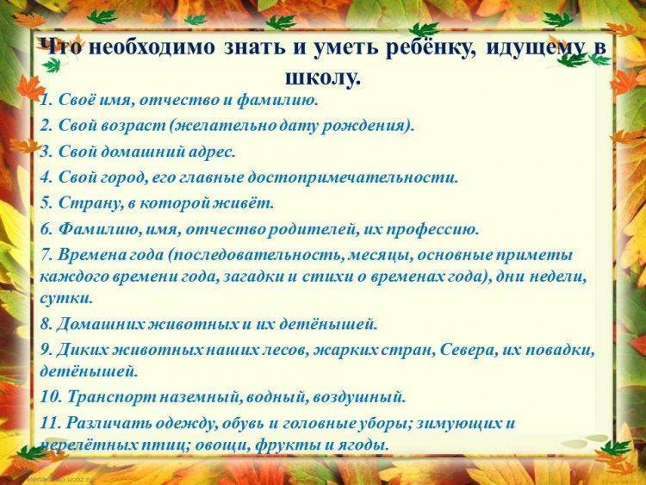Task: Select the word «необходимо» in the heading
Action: click(152, 47)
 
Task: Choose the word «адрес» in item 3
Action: click(212, 152)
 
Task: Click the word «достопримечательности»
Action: click(352, 178)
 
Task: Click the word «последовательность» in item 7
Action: click(257, 256)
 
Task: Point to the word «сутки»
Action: click(66, 298)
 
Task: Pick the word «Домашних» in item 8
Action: click(101, 325)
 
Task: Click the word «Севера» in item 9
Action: click(465, 351)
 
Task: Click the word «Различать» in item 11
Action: click(113, 424)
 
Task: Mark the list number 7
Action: click(46, 255)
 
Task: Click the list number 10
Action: click(50, 397)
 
